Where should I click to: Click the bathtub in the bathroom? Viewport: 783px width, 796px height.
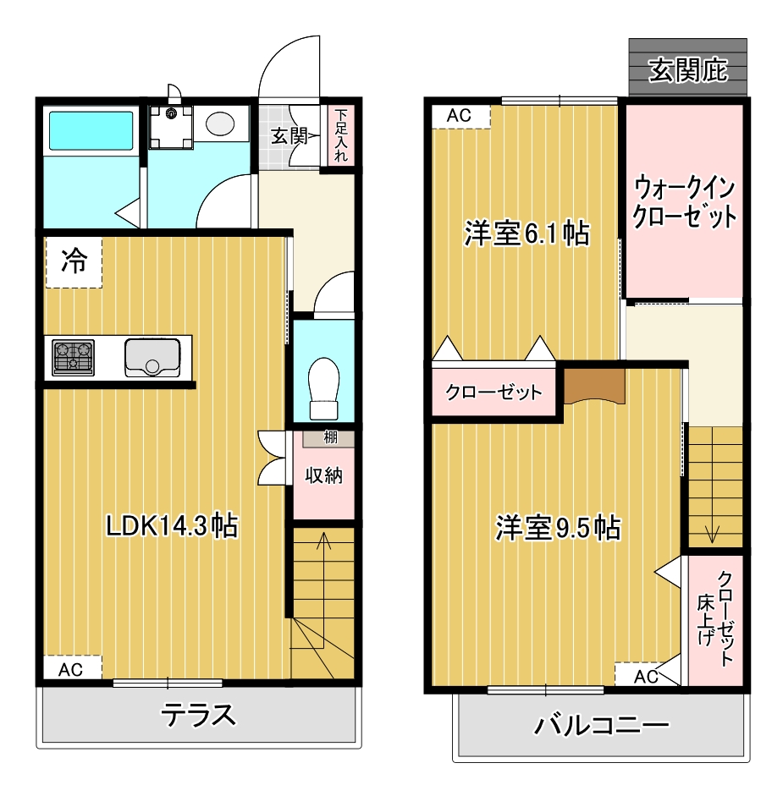pyautogui.click(x=91, y=130)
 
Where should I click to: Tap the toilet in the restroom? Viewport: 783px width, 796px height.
pyautogui.click(x=323, y=388)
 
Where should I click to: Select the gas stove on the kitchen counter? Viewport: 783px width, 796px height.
pyautogui.click(x=73, y=357)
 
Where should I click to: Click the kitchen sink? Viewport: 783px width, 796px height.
pyautogui.click(x=152, y=357)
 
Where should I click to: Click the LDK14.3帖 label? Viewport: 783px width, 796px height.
pyautogui.click(x=172, y=525)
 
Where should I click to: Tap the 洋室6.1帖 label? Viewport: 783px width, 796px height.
pyautogui.click(x=527, y=234)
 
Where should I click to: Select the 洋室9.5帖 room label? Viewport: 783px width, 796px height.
pyautogui.click(x=558, y=528)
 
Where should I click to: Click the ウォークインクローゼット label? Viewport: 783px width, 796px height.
pyautogui.click(x=684, y=201)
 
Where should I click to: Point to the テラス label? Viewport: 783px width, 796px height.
pyautogui.click(x=199, y=715)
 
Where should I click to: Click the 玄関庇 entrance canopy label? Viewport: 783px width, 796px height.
pyautogui.click(x=688, y=70)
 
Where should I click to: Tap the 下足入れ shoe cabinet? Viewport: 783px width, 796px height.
pyautogui.click(x=341, y=135)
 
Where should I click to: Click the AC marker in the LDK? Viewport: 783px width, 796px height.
pyautogui.click(x=70, y=670)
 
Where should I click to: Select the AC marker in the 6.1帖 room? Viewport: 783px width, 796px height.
pyautogui.click(x=460, y=116)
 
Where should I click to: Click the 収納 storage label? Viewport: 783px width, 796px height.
pyautogui.click(x=323, y=475)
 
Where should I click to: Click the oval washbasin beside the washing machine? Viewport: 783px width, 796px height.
pyautogui.click(x=220, y=124)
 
